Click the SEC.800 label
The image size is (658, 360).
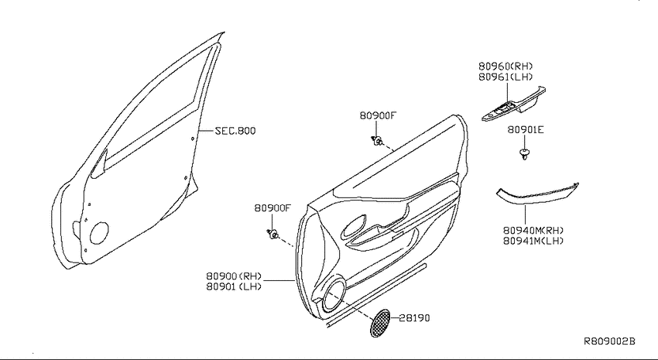click(235, 131)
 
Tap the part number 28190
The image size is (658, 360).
click(414, 318)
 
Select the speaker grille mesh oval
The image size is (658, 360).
click(380, 323)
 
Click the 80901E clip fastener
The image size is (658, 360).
click(524, 153)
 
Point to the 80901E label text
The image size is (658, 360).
click(526, 129)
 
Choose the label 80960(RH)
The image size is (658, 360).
click(505, 67)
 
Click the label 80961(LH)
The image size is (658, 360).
click(505, 77)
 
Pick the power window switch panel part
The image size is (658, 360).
click(514, 105)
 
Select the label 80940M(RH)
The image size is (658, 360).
click(533, 231)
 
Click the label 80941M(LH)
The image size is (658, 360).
click(533, 241)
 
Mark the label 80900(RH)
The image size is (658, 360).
click(234, 276)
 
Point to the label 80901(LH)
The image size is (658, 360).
click(234, 286)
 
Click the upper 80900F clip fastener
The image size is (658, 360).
click(377, 141)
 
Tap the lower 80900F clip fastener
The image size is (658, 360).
click(272, 234)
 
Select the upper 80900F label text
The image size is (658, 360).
click(378, 115)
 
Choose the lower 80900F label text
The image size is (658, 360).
click(272, 207)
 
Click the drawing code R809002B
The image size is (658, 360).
click(610, 341)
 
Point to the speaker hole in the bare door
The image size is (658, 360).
click(99, 233)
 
